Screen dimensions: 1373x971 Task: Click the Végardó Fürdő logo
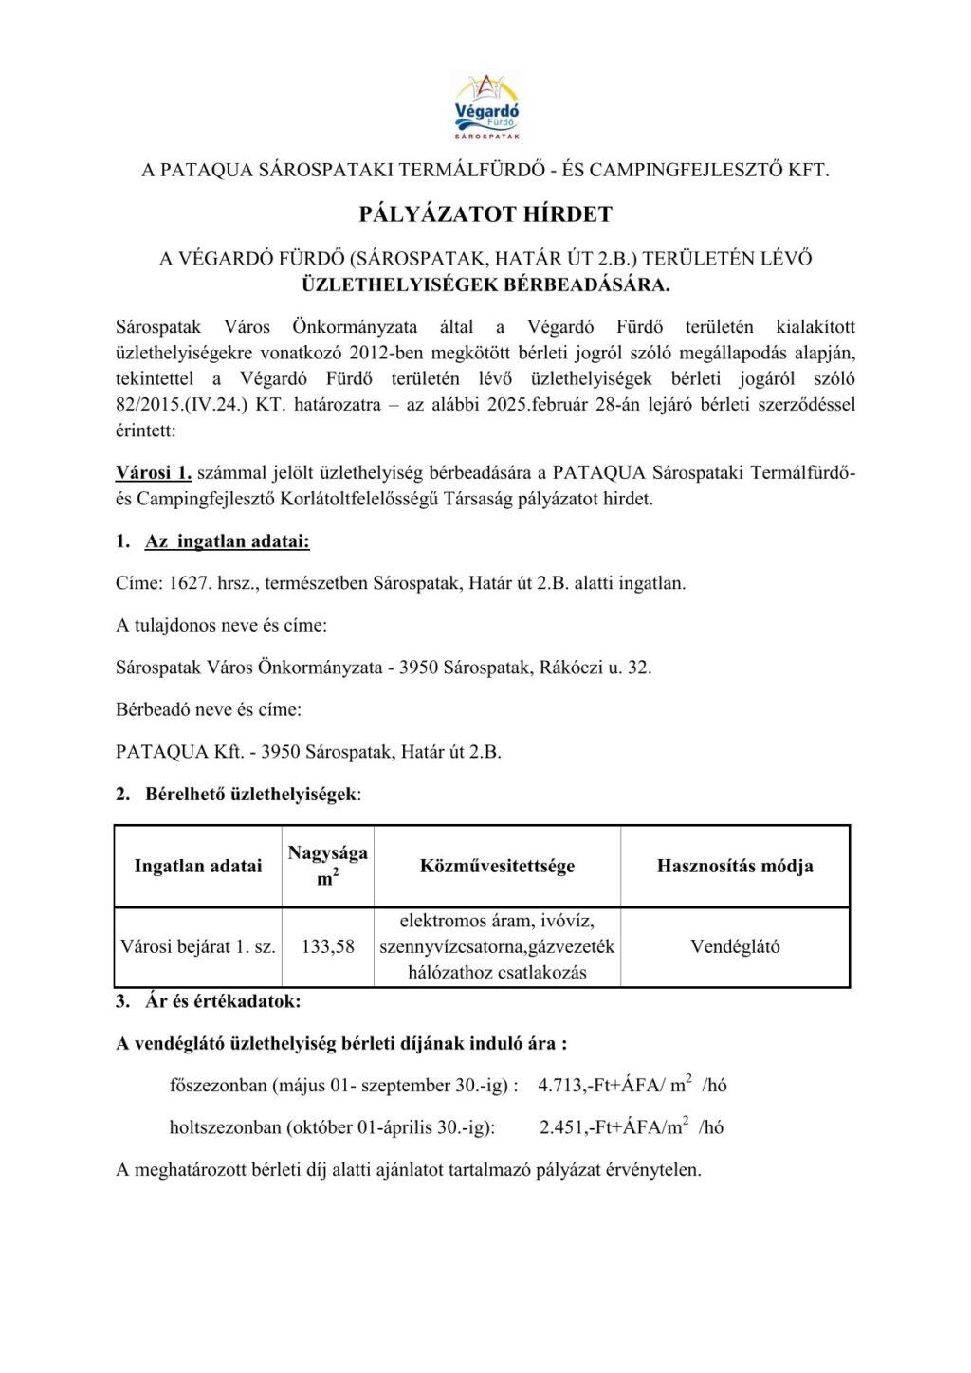coord(486,107)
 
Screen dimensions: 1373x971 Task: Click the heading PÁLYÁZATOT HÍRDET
coord(485,214)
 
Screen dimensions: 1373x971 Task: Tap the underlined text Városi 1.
coord(154,472)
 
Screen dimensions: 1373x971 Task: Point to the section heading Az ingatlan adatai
coord(227,541)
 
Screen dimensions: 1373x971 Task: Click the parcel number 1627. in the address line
coord(191,583)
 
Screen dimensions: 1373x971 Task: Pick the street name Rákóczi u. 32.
coord(595,668)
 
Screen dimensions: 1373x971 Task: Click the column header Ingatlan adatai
coord(198,866)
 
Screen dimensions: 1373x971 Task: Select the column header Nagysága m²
coord(327,865)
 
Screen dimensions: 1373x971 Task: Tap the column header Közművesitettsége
coord(497,866)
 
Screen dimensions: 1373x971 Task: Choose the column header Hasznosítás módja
coord(735,866)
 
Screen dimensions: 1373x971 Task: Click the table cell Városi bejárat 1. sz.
coord(198,946)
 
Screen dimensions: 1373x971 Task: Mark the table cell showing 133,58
coord(327,946)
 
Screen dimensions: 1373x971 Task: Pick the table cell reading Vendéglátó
coord(735,946)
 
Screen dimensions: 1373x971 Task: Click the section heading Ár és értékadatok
coord(223,1001)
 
